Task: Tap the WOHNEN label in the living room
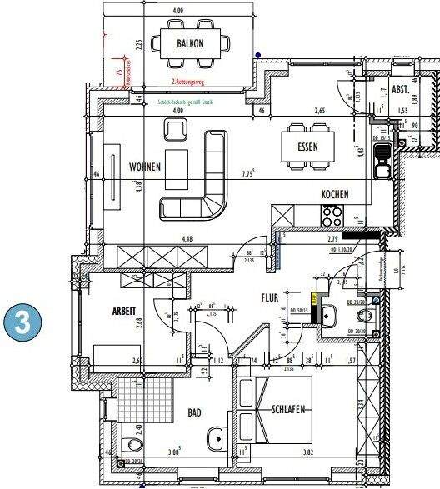(144, 166)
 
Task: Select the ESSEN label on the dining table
(308, 147)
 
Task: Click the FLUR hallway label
(270, 297)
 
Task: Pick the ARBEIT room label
(123, 310)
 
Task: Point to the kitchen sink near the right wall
(382, 162)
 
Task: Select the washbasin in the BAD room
(216, 437)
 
